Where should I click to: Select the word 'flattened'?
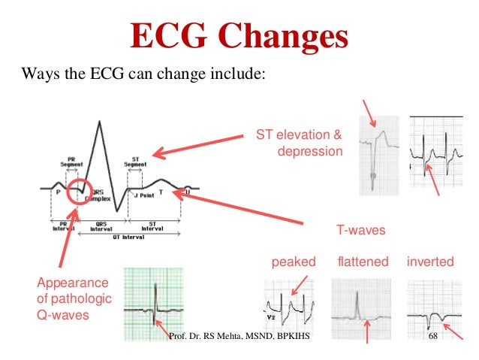point(363,262)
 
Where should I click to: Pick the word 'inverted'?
point(430,262)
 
